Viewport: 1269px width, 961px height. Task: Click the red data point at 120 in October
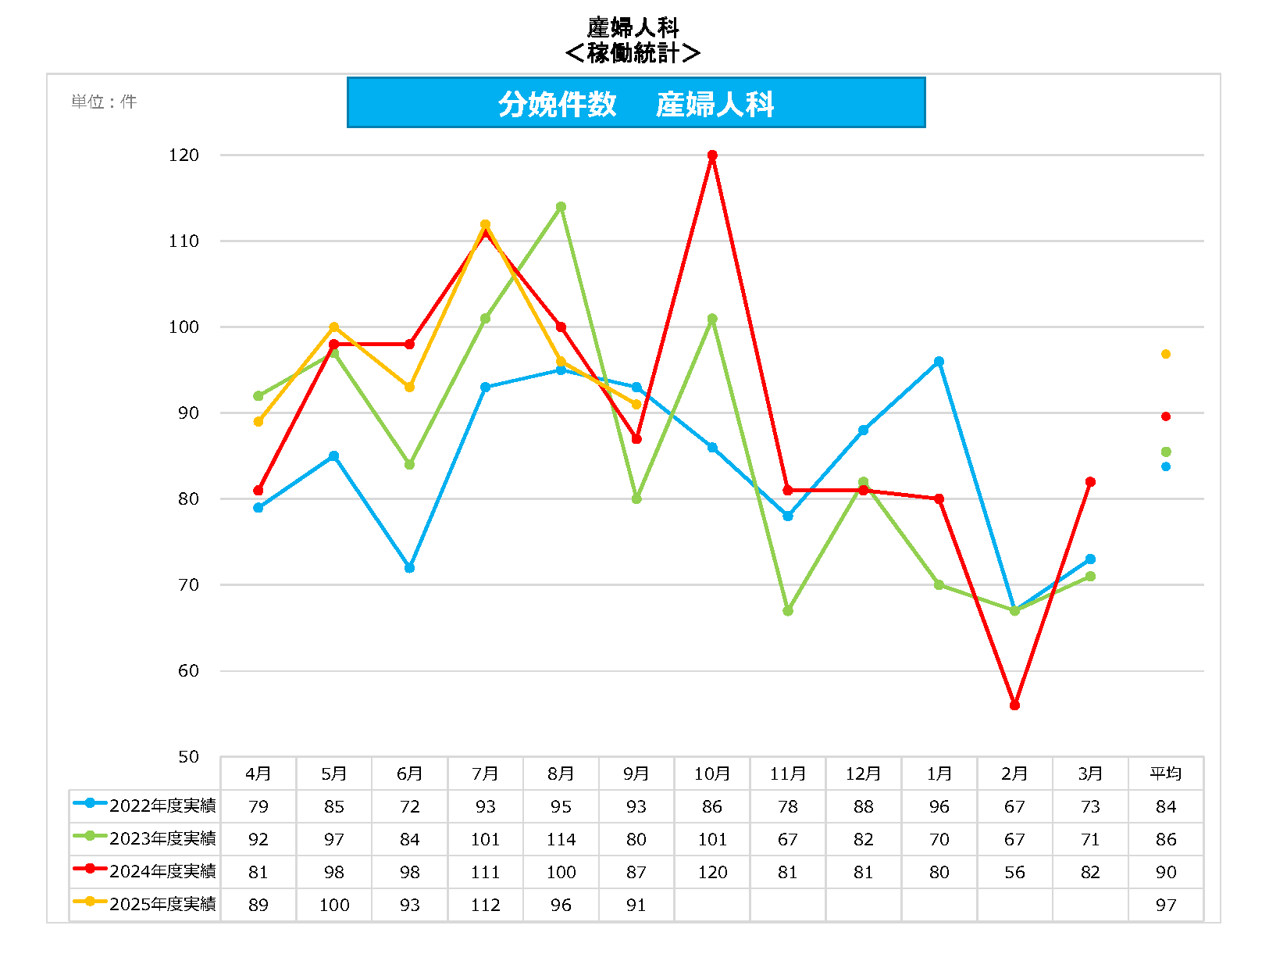coord(712,155)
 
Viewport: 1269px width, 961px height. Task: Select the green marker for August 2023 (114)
coord(561,207)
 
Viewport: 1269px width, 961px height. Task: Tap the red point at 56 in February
coord(1014,705)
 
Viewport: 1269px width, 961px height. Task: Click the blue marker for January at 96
coord(939,362)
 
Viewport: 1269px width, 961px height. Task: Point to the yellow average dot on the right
coord(1165,354)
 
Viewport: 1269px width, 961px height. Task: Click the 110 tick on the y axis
coord(184,241)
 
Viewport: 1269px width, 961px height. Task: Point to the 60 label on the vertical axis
coord(188,671)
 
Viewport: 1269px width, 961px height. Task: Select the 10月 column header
coord(711,773)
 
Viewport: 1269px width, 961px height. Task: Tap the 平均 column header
coord(1165,773)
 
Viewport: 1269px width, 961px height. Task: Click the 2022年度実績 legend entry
coord(145,806)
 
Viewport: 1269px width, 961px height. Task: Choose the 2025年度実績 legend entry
coord(145,904)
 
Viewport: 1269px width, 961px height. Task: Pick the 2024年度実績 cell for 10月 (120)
coord(711,872)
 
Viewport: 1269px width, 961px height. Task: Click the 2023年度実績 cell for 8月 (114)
coord(561,839)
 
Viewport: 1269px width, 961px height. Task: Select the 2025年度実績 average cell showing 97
coord(1165,905)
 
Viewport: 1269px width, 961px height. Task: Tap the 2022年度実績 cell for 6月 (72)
coord(409,806)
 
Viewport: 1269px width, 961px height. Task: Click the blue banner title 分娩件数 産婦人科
coord(636,103)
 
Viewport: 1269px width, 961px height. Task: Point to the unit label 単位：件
coord(104,102)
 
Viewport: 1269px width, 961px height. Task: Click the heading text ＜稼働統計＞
coord(633,53)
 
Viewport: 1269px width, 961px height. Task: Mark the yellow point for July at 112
coord(485,225)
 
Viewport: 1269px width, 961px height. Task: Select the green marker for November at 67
coord(787,610)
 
